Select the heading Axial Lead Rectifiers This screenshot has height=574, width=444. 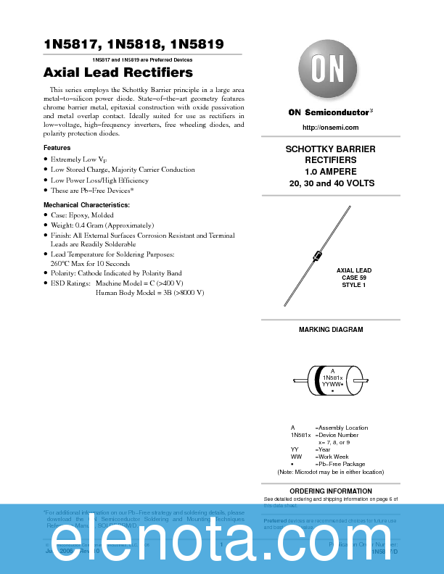tap(118, 72)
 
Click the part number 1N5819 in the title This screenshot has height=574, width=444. tap(197, 44)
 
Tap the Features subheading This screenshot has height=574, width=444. tap(57, 148)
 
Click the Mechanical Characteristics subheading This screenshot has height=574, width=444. tap(86, 205)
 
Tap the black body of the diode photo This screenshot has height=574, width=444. tap(316, 256)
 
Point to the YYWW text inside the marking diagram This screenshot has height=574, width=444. tap(331, 384)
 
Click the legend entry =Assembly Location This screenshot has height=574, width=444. tap(341, 428)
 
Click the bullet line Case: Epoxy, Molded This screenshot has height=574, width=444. tap(82, 215)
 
